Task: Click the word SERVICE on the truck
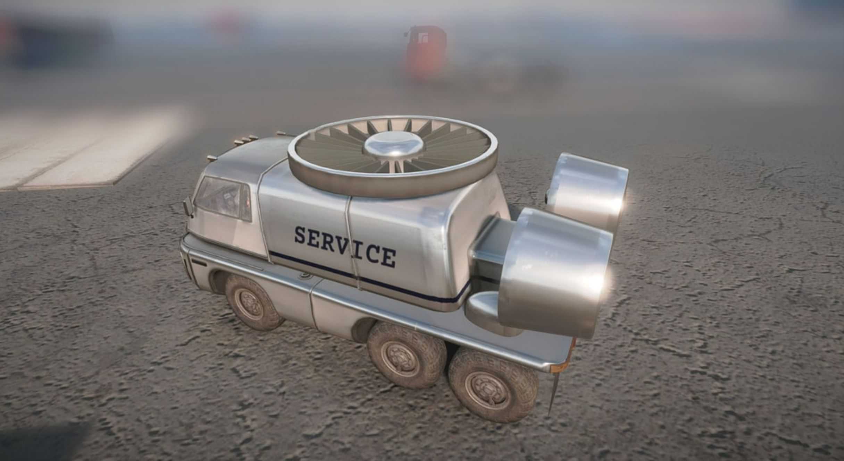coord(345,246)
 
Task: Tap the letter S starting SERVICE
coord(301,235)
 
